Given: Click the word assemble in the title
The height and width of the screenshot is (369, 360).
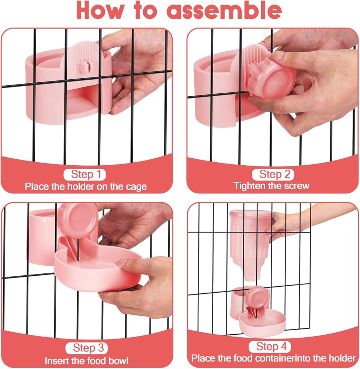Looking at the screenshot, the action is point(224,10).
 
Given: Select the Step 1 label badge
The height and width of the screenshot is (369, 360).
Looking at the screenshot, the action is point(85,175).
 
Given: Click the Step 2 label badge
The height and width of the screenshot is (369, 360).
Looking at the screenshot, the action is point(273,175).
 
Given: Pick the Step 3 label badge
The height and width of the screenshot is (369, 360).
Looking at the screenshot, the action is point(87,348).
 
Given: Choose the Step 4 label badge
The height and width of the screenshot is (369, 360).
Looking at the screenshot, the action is point(270,346).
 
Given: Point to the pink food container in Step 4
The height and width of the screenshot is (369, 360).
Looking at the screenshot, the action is point(249,245).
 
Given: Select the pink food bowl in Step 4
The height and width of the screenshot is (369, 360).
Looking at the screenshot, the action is point(262,323).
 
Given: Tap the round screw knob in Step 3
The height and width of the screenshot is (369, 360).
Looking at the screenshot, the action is point(78,220).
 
